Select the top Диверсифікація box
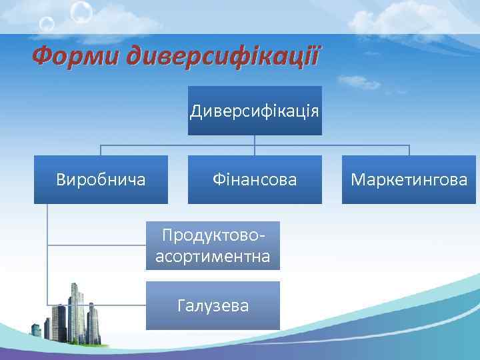coord(254,111)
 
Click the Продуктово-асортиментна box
coord(213,246)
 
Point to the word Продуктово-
coord(213,235)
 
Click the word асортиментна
coord(213,256)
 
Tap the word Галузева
coord(213,306)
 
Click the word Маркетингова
coord(409,179)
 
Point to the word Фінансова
coord(254,179)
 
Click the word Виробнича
coord(101,179)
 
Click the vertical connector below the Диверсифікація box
coord(254,140)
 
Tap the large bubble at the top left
coord(81,11)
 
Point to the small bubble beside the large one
coord(47,25)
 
